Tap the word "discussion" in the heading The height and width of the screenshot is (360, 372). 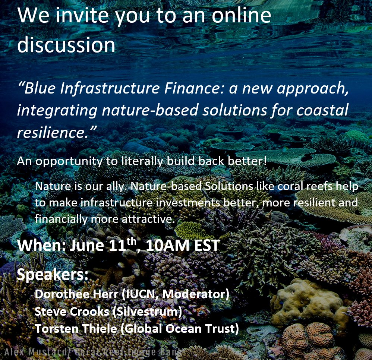coord(66,44)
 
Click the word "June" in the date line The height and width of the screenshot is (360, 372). coord(86,246)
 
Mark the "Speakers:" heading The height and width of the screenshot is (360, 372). coord(53,275)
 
